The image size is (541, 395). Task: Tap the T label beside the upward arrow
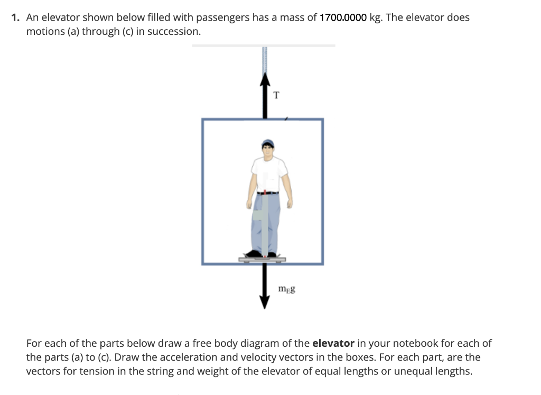pos(276,96)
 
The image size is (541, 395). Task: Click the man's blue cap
pos(268,143)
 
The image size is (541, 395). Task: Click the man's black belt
pos(269,193)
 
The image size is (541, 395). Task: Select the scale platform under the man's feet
pos(263,259)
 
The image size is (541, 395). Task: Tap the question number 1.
pos(16,17)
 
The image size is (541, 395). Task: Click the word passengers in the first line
pos(222,17)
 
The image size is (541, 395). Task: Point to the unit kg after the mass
pos(376,17)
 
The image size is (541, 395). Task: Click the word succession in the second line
pos(174,31)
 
